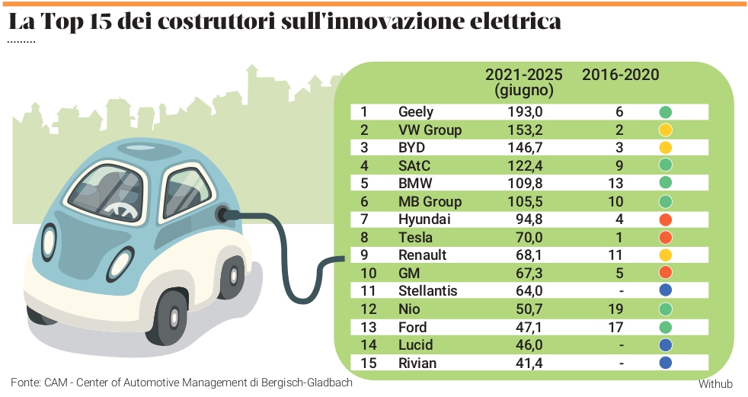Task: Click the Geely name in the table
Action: (416, 112)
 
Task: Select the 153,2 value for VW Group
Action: (525, 130)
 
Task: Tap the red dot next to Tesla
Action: (665, 237)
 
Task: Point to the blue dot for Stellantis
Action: (665, 290)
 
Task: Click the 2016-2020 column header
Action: (620, 75)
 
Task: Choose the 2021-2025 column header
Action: (524, 75)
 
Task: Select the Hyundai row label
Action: (424, 219)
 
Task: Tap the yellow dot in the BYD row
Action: (665, 147)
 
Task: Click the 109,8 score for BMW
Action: (525, 184)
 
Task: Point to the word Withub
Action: (715, 383)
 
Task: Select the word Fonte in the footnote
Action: (24, 383)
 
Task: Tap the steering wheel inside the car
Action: (120, 207)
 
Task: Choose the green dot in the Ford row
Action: (665, 326)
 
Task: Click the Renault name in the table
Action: (422, 255)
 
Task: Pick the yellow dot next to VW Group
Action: (665, 130)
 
